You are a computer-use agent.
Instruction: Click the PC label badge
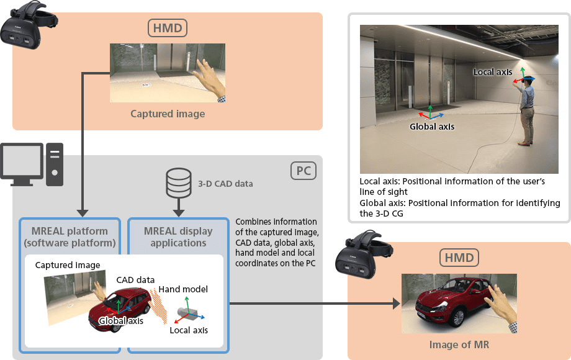tap(303, 170)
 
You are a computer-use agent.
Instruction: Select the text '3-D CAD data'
tap(225, 184)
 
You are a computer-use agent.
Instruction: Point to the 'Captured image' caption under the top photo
tap(168, 114)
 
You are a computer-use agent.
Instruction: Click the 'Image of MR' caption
tap(459, 344)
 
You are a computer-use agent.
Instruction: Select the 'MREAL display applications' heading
tap(178, 236)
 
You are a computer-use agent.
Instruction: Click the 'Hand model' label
tap(183, 289)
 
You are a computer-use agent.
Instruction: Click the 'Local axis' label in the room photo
tap(492, 72)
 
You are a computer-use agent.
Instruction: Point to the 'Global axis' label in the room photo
tap(432, 126)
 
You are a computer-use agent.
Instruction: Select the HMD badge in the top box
tap(168, 28)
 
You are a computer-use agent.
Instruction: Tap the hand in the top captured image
tap(210, 78)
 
